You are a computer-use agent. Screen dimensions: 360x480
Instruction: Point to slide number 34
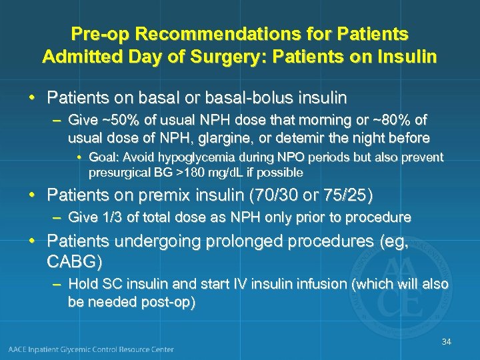point(446,342)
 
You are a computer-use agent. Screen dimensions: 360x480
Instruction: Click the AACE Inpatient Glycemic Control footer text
point(92,349)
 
